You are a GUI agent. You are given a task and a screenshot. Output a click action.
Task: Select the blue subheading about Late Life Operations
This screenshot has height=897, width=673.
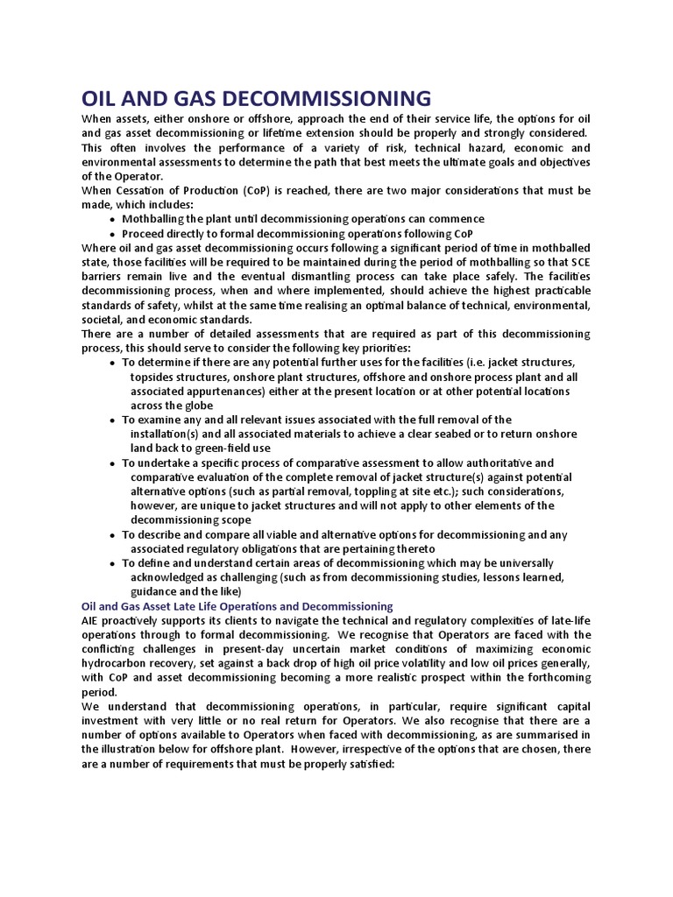(x=237, y=605)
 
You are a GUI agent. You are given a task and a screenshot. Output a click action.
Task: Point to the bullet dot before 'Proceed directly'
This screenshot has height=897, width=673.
(x=113, y=235)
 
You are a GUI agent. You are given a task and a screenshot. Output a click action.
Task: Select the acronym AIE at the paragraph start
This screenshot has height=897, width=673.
(x=92, y=620)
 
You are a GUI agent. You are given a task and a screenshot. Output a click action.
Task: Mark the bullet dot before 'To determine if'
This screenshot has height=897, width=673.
(x=113, y=362)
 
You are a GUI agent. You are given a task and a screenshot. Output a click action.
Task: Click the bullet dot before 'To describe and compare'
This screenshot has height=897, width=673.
(x=113, y=534)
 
